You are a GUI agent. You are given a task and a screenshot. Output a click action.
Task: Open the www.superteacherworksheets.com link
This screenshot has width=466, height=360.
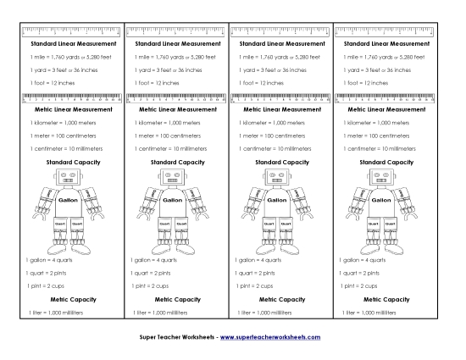tap(270, 338)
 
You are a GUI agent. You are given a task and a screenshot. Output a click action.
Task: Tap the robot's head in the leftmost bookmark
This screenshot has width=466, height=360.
tap(66, 178)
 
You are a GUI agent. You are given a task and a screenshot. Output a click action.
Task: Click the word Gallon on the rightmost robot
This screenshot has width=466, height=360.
tap(380, 202)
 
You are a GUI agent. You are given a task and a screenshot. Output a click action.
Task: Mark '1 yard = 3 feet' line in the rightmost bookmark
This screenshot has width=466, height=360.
tap(374, 69)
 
